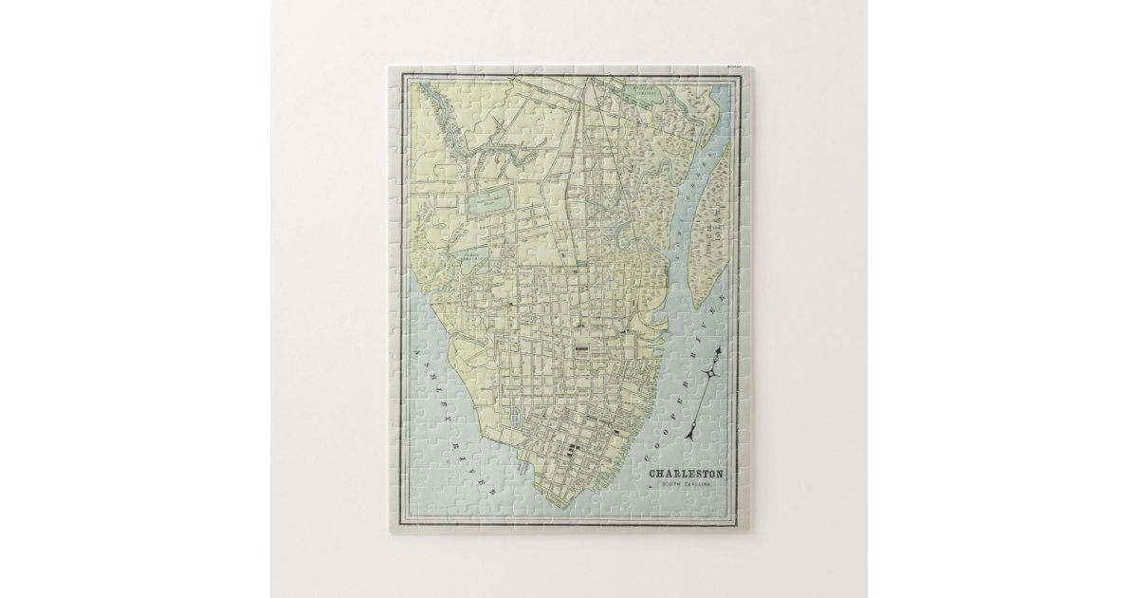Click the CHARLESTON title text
[x=686, y=474]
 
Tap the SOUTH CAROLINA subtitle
[x=686, y=485]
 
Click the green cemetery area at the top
[x=646, y=93]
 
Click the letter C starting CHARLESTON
[x=652, y=474]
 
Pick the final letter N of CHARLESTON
[x=720, y=474]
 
